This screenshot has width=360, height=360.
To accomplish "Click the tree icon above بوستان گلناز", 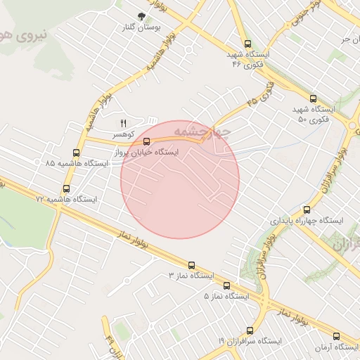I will coord(142,15).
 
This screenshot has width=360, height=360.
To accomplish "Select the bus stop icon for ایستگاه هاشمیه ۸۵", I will coord(76,153).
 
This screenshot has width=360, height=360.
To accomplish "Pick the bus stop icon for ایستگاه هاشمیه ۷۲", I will coord(67,188).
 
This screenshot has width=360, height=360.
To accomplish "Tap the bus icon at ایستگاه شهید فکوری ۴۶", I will coord(247,44).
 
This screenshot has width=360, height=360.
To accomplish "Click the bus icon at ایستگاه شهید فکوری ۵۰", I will coord(313,99).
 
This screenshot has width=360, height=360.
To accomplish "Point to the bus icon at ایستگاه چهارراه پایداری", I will coord(306,210).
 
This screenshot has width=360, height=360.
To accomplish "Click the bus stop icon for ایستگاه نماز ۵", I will coord(226,285).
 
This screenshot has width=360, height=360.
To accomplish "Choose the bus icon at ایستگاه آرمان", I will coord(336,336).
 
